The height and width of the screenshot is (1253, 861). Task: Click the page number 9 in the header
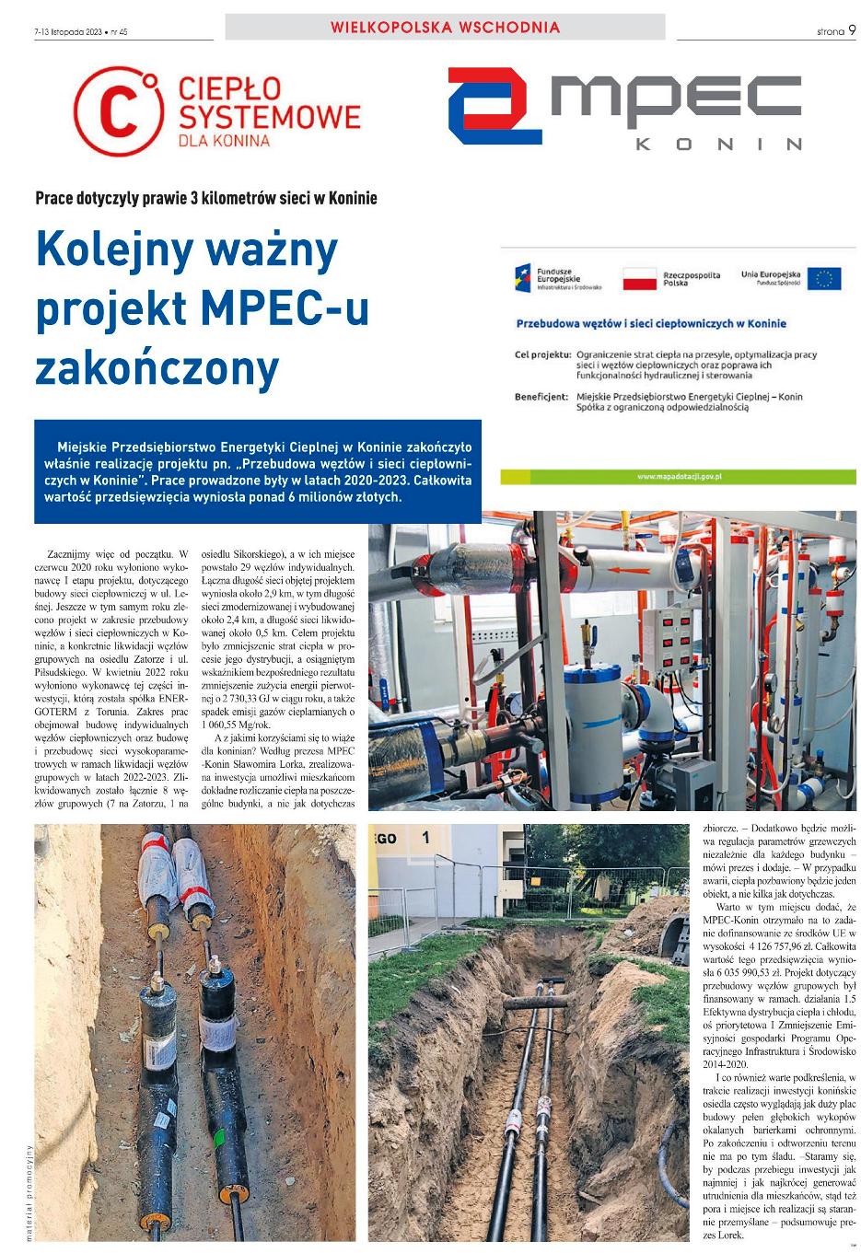point(853,29)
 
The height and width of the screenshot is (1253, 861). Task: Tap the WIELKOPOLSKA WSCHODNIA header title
point(445,28)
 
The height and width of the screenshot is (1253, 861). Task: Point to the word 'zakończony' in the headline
point(157,368)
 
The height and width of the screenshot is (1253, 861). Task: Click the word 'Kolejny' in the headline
point(115,249)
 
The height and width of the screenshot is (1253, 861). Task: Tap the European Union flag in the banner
point(824,278)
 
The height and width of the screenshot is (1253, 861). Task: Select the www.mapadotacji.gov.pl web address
point(678,476)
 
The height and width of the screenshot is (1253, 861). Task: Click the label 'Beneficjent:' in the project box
point(541,398)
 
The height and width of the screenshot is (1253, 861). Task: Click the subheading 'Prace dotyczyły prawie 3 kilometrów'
point(206,198)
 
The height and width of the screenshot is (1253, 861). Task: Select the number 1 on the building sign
point(425,838)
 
